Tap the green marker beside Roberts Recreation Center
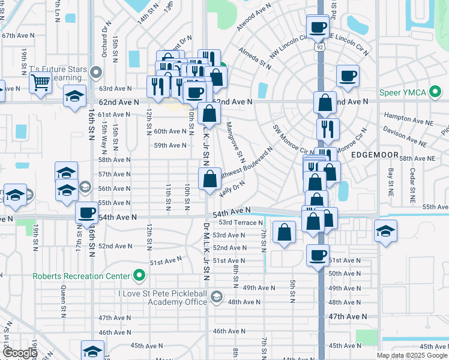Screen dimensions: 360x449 [139, 276]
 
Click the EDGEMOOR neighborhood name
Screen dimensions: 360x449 [376, 155]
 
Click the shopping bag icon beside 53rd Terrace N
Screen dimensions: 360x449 [285, 233]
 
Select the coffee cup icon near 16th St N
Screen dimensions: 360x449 [88, 213]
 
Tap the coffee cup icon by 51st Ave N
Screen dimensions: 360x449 [318, 256]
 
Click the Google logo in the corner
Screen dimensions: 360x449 [20, 353]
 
